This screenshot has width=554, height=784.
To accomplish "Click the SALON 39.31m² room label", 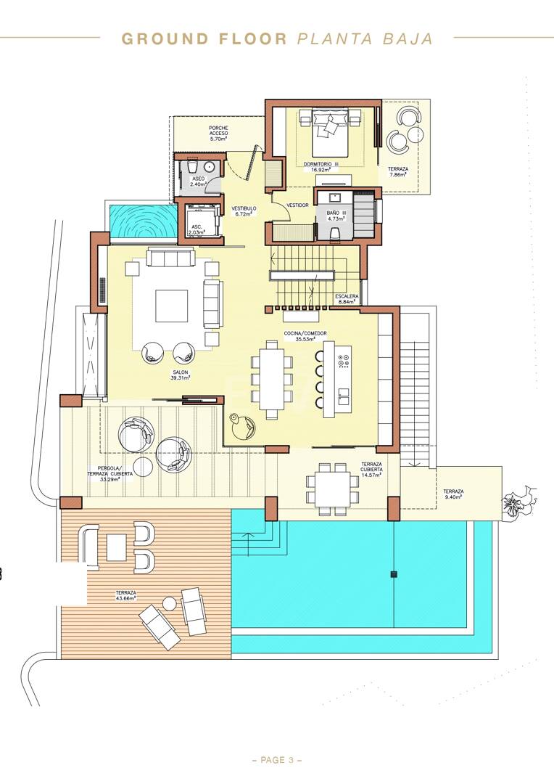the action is tap(181, 375).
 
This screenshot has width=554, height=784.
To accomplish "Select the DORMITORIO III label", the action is tap(321, 164).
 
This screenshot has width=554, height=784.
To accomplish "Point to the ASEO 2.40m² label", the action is tap(198, 181).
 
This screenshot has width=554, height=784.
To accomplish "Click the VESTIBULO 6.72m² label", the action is tap(244, 211).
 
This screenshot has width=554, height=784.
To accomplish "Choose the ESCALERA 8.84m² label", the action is tap(347, 299).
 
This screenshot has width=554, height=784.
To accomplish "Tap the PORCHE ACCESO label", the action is tap(218, 134).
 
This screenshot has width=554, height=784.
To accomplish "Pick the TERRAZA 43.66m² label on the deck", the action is tap(126, 595).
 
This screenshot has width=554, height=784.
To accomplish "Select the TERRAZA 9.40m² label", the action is tap(454, 494).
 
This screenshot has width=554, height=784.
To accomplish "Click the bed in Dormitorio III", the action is tap(330, 131).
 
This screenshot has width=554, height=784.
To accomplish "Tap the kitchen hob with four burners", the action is tap(344, 362).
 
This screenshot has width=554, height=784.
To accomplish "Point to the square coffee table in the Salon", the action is tap(171, 306).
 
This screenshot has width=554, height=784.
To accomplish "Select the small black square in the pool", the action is tap(394, 574).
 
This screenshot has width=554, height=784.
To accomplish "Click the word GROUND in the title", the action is tap(165, 39).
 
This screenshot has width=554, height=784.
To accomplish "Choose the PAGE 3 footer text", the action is tap(277, 761).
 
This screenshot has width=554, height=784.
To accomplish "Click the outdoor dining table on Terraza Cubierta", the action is tap(332, 489).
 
